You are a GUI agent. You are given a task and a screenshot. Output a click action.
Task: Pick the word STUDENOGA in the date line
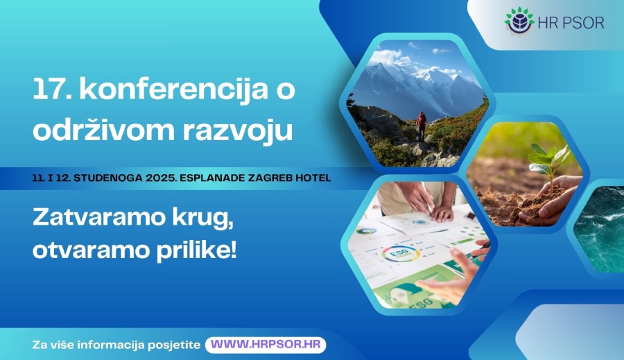[x=108, y=178]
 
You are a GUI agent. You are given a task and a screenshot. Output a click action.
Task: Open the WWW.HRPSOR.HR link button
[x=266, y=345]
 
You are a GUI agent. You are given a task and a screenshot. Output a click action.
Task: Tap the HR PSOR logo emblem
[x=519, y=21]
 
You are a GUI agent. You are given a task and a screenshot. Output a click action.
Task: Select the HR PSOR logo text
[x=571, y=23]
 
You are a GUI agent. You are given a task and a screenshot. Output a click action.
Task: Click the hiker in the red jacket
[x=421, y=126]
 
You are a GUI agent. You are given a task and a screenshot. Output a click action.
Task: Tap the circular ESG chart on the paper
[x=400, y=254]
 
